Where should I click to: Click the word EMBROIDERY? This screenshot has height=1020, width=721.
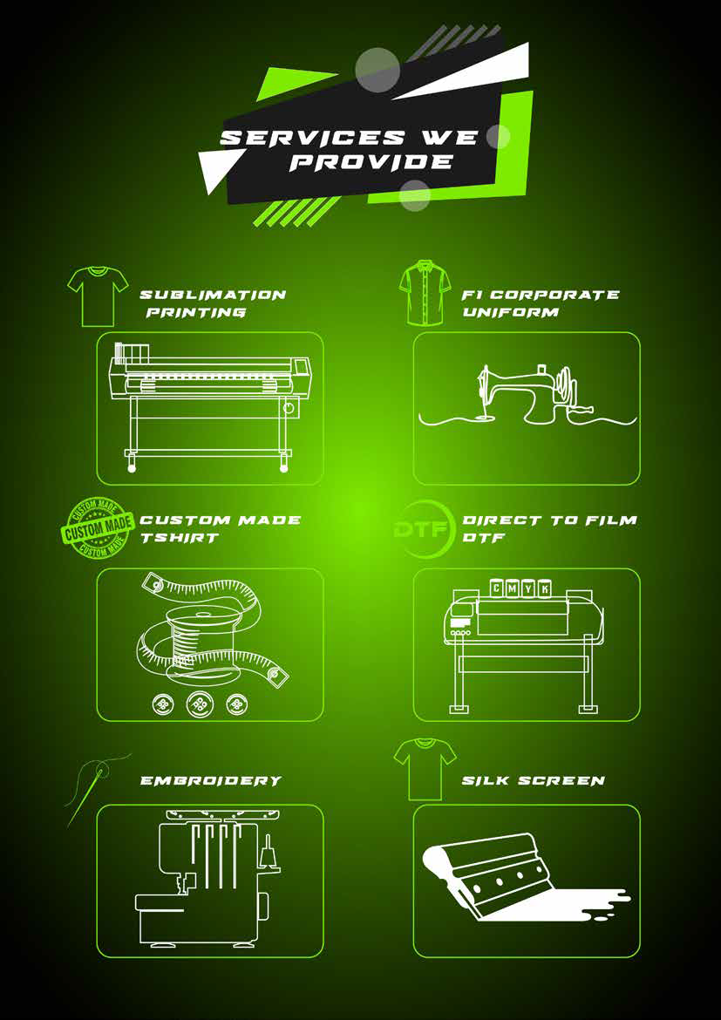click(211, 780)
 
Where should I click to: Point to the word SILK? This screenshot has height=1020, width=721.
click(484, 780)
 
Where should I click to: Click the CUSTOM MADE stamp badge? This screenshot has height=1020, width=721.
click(99, 527)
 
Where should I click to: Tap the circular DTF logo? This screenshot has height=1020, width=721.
click(423, 530)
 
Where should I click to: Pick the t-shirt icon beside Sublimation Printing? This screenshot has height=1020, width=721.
click(99, 296)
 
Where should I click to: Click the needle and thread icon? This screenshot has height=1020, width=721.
click(97, 790)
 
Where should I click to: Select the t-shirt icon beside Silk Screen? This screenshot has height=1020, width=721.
click(425, 768)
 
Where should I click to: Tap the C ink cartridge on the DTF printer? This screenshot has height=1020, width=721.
click(498, 589)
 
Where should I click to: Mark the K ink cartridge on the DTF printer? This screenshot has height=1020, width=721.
click(545, 589)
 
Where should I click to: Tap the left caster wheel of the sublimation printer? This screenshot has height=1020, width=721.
click(133, 467)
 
